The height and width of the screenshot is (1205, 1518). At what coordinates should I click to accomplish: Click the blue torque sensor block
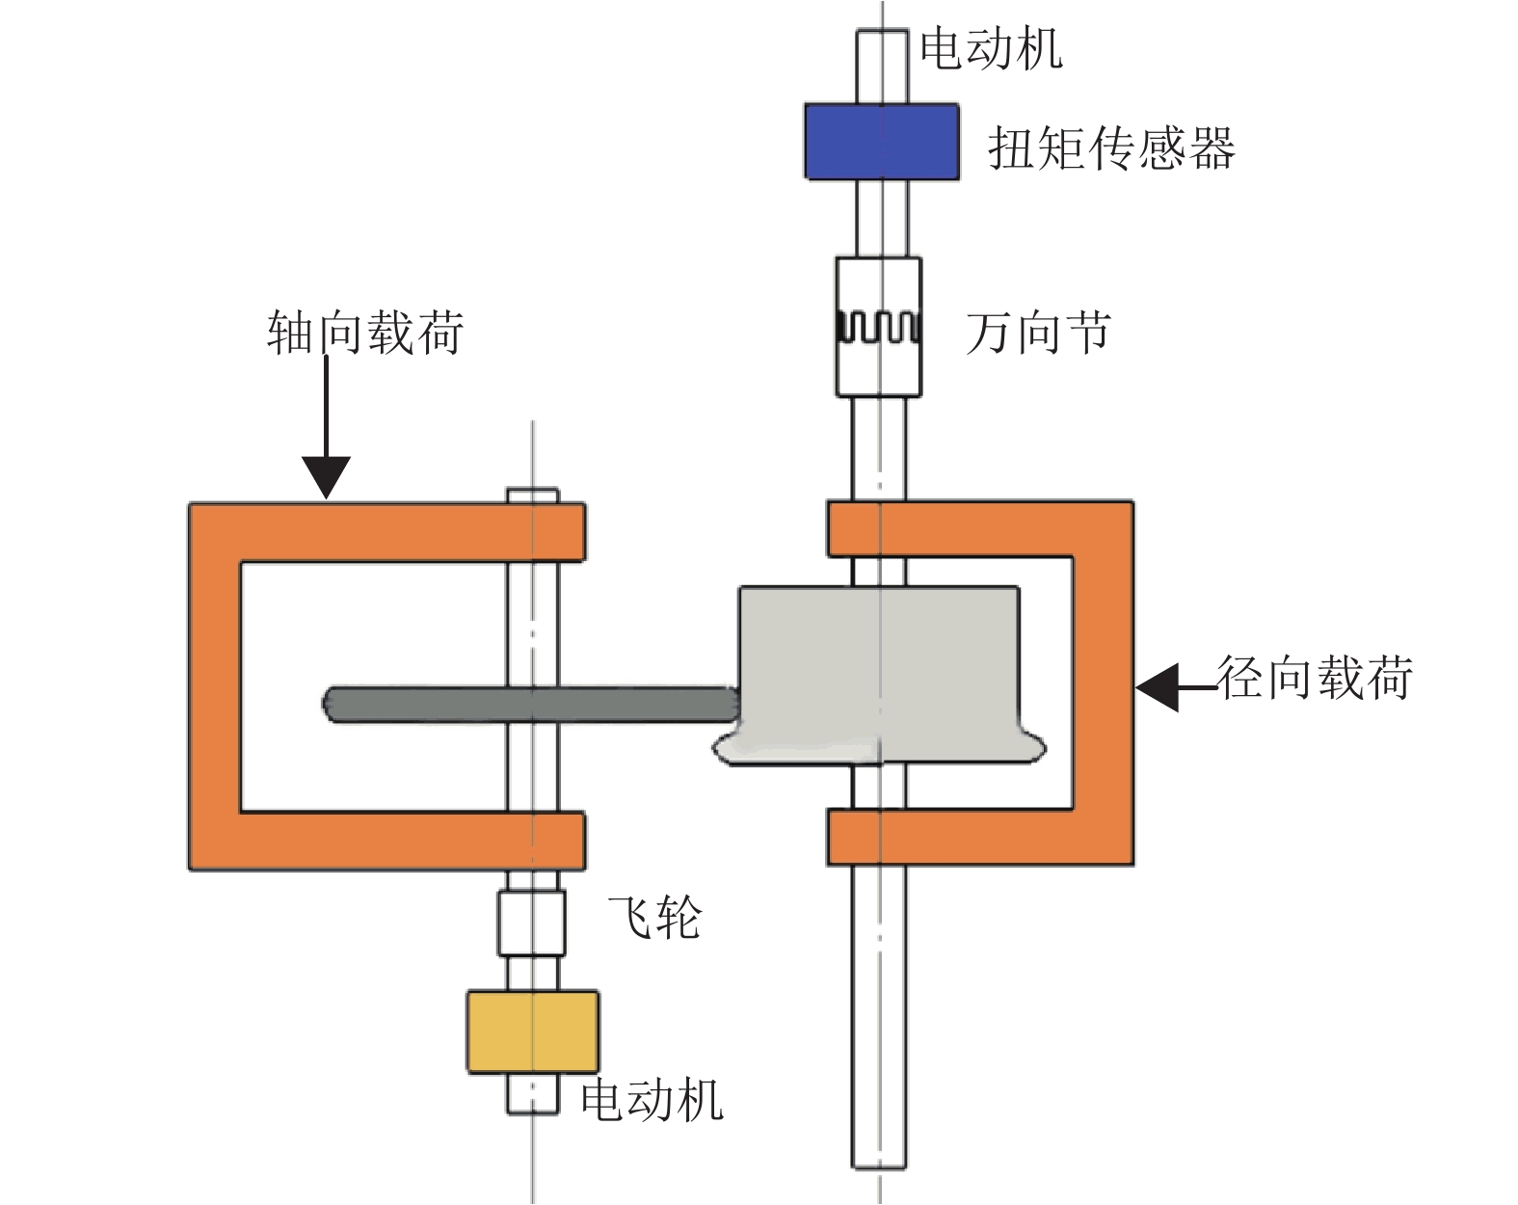(x=881, y=142)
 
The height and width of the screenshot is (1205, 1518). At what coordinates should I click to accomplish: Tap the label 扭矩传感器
(x=1111, y=149)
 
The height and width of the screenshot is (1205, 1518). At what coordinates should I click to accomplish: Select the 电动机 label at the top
(x=991, y=48)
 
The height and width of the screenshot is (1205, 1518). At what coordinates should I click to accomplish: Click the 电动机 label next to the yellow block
(x=652, y=1099)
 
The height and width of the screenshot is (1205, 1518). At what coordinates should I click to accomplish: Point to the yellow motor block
(x=532, y=1031)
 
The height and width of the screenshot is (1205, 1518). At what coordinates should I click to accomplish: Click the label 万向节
(x=1038, y=334)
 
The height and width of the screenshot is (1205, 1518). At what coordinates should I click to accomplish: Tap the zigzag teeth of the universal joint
(x=878, y=328)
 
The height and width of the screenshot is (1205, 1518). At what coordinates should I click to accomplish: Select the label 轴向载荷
(x=365, y=333)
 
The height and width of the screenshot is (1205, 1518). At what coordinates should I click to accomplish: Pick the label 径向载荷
(x=1315, y=678)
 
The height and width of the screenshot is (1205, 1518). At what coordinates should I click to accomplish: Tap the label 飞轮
(x=654, y=917)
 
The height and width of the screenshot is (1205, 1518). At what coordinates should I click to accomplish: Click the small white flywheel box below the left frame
(x=531, y=923)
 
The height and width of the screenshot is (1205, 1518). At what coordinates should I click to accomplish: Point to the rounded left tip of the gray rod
(x=331, y=704)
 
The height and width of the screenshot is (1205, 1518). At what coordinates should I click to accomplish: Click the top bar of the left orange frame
(x=386, y=531)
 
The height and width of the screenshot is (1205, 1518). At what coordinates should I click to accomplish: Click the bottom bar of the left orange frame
(x=386, y=841)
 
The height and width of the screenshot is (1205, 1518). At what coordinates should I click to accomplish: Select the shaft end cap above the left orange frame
(x=532, y=495)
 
